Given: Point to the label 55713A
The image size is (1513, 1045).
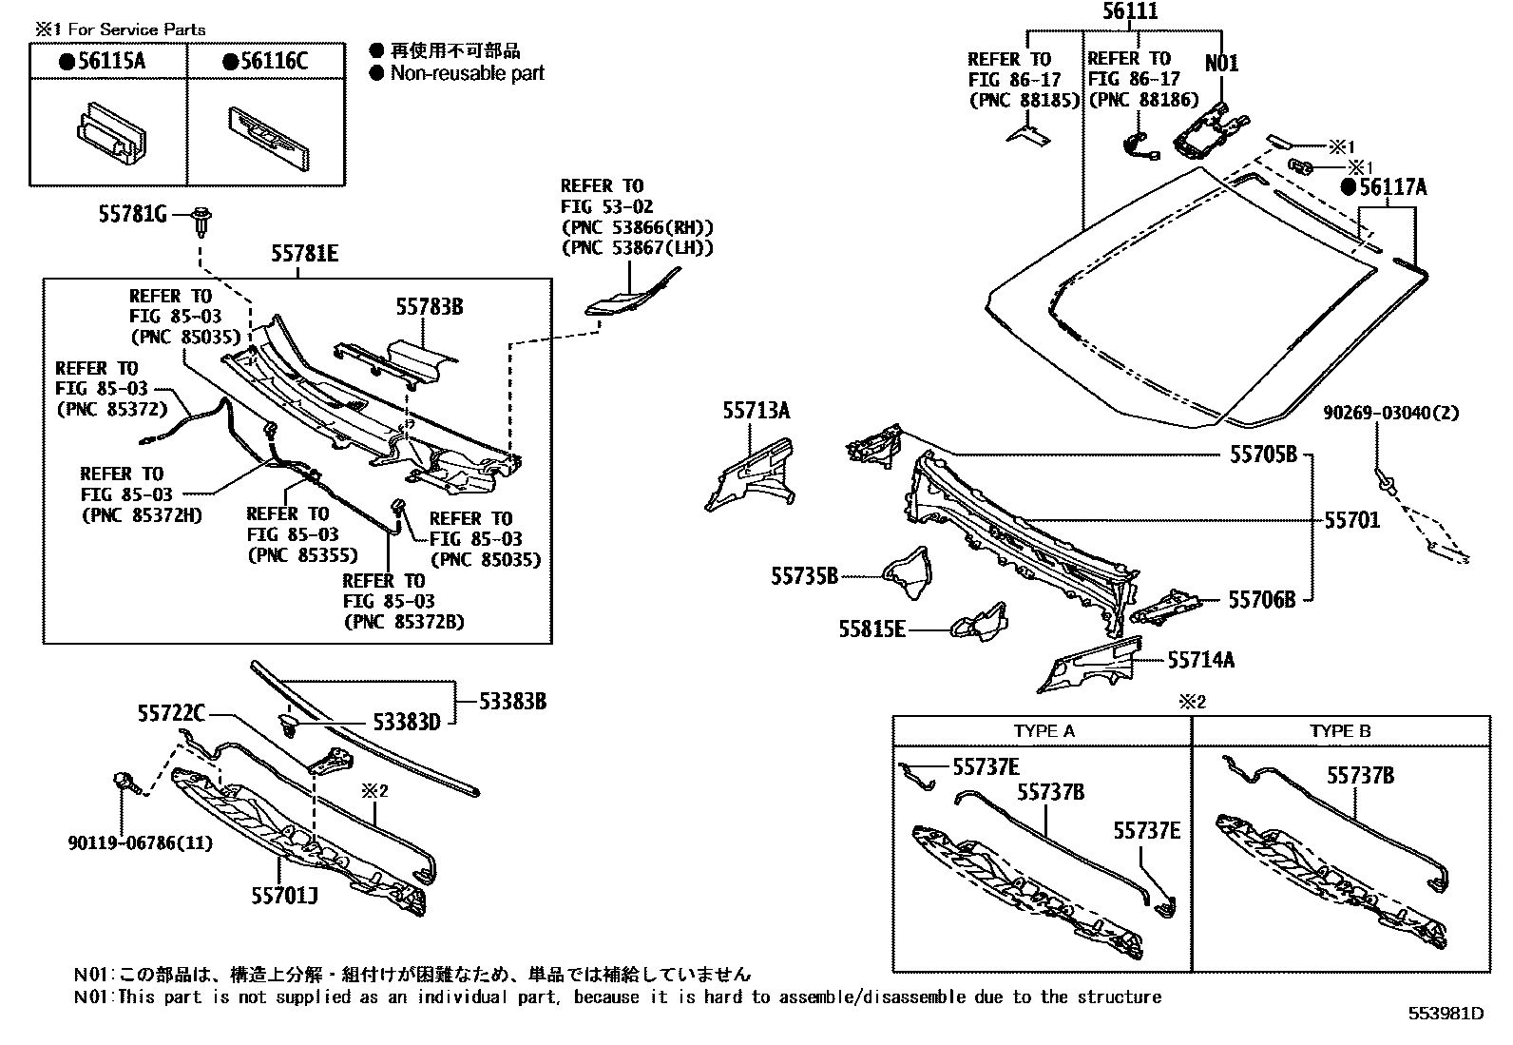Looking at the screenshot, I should pyautogui.click(x=756, y=410).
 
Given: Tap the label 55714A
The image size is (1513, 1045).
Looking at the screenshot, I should pyautogui.click(x=1201, y=659).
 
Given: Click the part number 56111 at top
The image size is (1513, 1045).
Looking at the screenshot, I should pyautogui.click(x=1130, y=11).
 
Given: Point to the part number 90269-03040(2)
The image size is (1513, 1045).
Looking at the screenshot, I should pyautogui.click(x=1391, y=413).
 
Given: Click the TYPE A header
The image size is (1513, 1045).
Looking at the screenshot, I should pyautogui.click(x=1044, y=730).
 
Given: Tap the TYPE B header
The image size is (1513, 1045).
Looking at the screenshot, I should pyautogui.click(x=1340, y=730).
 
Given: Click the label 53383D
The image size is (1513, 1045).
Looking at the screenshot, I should pyautogui.click(x=406, y=722).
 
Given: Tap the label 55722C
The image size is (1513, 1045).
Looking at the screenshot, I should pyautogui.click(x=171, y=713).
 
